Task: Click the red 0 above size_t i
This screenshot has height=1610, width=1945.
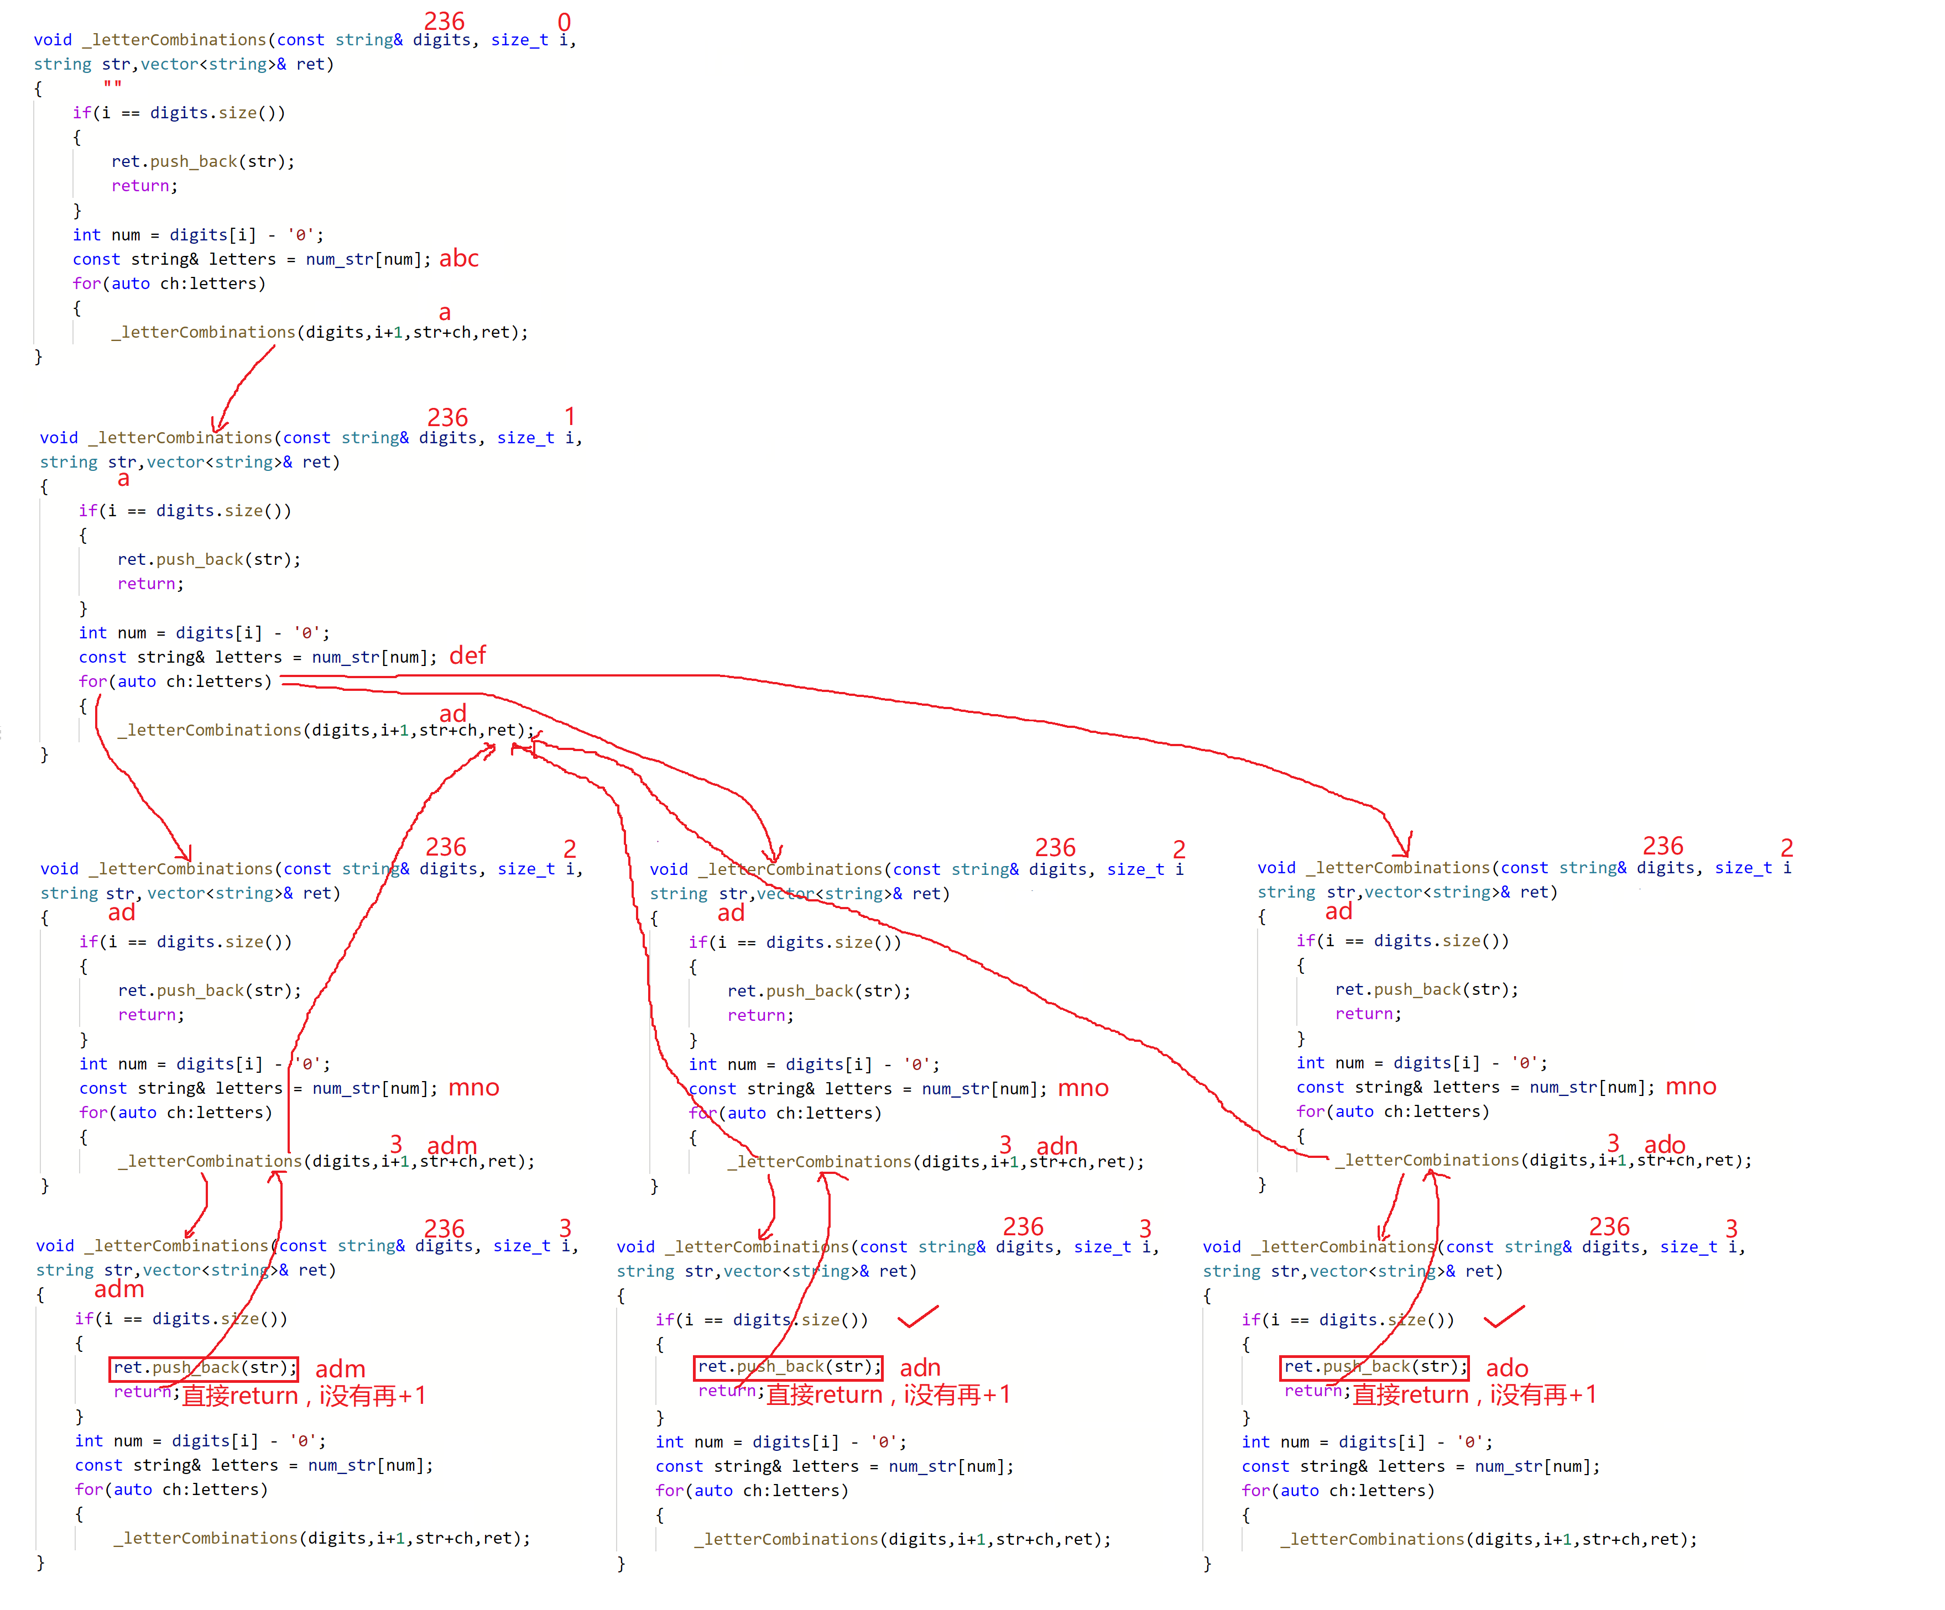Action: (564, 22)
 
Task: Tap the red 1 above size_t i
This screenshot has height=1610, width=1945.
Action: (570, 417)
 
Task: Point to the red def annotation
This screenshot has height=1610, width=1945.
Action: (468, 655)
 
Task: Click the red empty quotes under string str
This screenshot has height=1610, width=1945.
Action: (112, 85)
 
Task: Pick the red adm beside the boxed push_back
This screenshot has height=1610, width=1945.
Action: (340, 1368)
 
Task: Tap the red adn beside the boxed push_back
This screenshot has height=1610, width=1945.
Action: (920, 1367)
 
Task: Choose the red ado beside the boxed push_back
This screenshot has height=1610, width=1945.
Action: (1507, 1367)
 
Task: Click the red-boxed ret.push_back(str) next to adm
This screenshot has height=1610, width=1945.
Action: (204, 1367)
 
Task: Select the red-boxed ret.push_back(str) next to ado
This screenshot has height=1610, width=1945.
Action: (1374, 1366)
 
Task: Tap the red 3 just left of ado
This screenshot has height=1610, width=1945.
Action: (1613, 1144)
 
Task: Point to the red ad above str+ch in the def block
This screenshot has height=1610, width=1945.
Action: (453, 713)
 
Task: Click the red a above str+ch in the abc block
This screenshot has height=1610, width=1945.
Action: (445, 313)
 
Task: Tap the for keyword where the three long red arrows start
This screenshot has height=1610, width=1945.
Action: (92, 681)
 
